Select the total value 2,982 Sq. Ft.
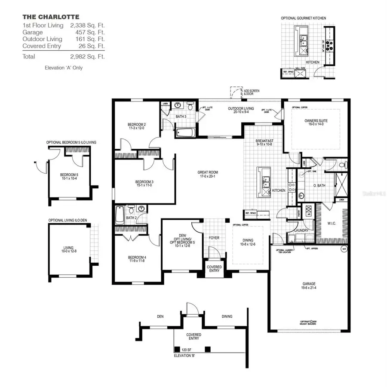pos(87,56)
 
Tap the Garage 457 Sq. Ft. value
pos(87,32)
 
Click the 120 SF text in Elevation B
pos(186,350)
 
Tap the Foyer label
pos(214,237)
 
